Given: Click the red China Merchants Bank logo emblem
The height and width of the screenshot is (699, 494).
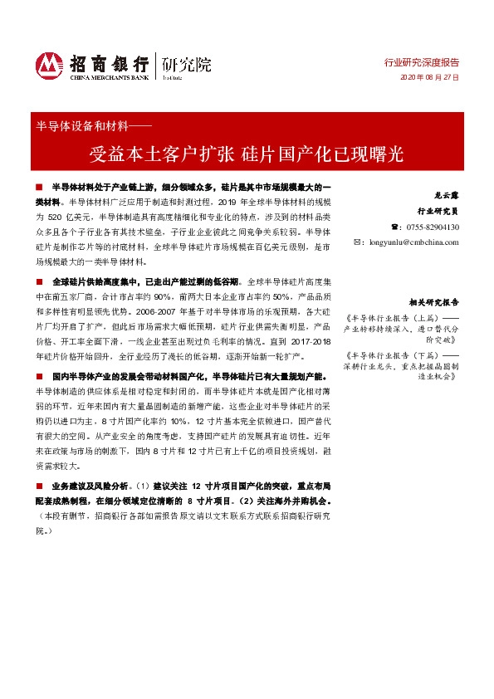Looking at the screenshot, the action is pos(47,65).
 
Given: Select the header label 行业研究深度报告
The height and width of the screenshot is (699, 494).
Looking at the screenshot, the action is pos(421,62).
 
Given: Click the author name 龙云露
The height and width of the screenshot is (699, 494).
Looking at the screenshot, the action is pos(447,194).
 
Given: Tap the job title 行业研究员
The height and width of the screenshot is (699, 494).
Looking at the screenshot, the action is pos(438,211).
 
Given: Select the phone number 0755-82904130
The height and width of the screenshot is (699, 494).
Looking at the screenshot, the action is pos(431,227).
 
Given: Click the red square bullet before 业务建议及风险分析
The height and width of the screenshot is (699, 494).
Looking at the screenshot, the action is pos(40,484).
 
